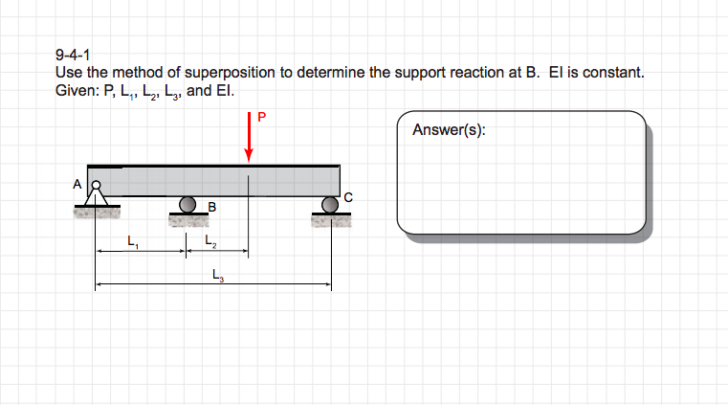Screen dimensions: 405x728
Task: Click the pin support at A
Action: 96,194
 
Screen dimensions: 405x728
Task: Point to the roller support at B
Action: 189,204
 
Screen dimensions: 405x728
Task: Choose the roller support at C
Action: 331,203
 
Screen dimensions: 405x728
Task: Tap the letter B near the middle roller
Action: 211,206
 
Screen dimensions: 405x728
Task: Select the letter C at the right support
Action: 347,197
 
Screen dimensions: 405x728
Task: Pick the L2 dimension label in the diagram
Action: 210,242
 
